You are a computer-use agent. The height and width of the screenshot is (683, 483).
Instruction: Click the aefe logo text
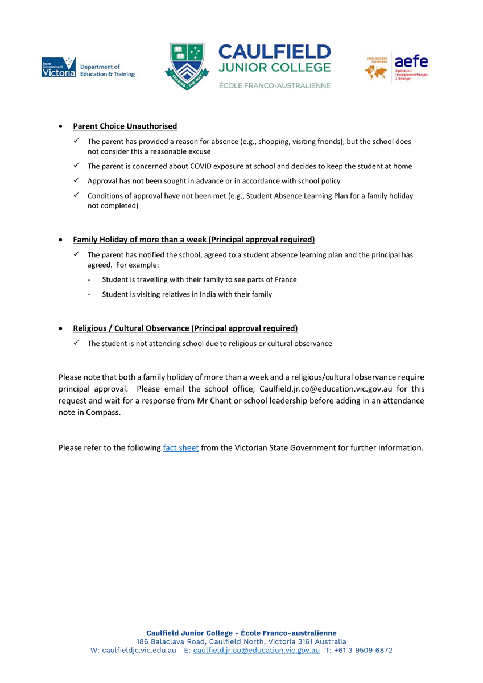click(x=411, y=61)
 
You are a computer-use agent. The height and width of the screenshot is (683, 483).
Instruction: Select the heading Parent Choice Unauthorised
click(x=125, y=126)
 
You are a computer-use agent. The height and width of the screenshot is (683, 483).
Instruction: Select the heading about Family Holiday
click(x=193, y=240)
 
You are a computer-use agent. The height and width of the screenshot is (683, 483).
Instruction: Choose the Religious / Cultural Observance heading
click(x=185, y=328)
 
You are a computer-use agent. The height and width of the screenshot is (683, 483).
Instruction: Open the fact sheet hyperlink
click(x=181, y=448)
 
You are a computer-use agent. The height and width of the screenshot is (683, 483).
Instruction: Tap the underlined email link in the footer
click(x=257, y=651)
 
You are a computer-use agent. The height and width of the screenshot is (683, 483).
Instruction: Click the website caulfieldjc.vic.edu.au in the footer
click(x=139, y=651)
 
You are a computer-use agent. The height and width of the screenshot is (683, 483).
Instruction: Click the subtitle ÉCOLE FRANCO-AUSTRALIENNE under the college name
click(x=274, y=85)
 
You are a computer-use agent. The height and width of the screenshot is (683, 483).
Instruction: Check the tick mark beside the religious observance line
click(x=76, y=343)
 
